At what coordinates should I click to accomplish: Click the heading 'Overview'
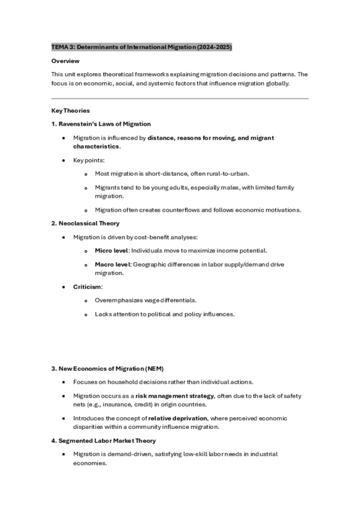click(65, 61)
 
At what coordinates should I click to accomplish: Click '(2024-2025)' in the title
click(213, 47)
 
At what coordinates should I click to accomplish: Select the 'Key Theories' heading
click(70, 111)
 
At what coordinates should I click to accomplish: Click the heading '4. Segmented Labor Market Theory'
click(99, 441)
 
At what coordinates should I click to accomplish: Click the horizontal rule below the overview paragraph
click(180, 99)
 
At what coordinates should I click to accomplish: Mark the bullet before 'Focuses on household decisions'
click(64, 382)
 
